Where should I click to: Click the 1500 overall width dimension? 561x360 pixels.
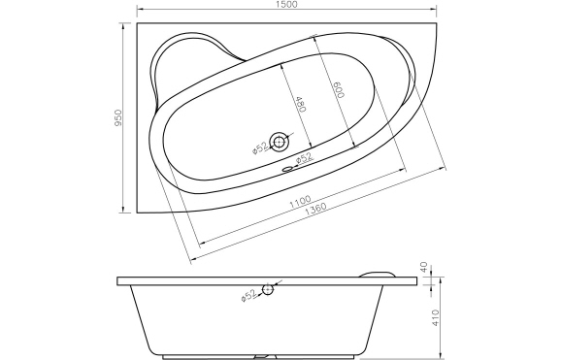pos(280,6)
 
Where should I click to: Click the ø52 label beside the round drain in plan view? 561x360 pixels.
pos(260,147)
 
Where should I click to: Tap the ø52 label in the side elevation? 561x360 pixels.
pos(248,293)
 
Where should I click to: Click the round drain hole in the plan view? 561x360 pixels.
pos(280,143)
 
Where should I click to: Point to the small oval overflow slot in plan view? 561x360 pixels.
pos(287,165)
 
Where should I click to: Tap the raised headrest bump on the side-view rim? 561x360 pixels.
pos(379,272)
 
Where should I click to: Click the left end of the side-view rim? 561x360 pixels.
pos(118,281)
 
